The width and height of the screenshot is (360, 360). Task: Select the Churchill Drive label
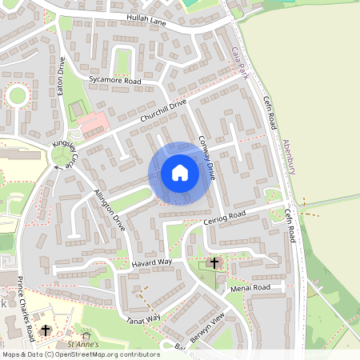coord(162,112)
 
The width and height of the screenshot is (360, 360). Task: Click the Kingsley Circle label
coord(63,154)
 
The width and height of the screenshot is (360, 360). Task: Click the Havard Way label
coord(152,262)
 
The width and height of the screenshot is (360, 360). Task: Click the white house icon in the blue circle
coord(180,172)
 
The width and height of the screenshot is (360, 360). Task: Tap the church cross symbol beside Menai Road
coord(214,262)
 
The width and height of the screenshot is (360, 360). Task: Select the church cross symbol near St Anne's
coord(46,330)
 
